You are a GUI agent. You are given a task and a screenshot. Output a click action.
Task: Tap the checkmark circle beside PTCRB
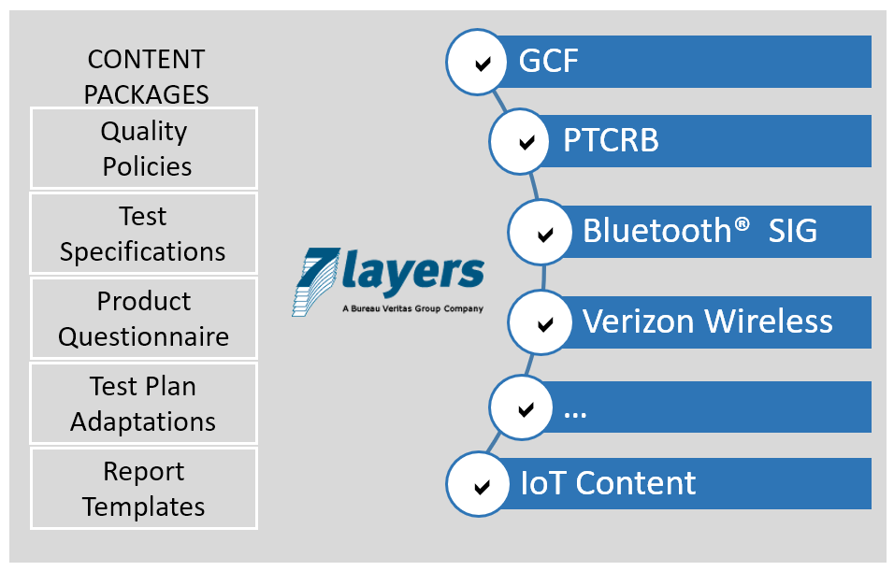[526, 142]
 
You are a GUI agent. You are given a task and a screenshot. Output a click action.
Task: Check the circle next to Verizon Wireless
[543, 323]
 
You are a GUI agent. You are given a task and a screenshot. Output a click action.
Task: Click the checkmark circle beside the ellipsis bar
[526, 408]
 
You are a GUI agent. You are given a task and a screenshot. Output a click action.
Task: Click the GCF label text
[549, 62]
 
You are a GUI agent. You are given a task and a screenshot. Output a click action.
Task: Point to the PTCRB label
[611, 141]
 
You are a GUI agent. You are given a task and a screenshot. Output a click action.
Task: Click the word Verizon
[641, 321]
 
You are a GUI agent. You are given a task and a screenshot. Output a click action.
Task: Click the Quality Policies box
[144, 149]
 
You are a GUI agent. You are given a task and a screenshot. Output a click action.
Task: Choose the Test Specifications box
[144, 234]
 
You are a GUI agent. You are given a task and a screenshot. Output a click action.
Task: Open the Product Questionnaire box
[144, 319]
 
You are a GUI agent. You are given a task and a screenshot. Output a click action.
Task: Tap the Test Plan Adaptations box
[144, 404]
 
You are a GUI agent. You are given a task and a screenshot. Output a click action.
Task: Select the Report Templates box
[144, 489]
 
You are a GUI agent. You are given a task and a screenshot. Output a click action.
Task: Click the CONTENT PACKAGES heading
[146, 77]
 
